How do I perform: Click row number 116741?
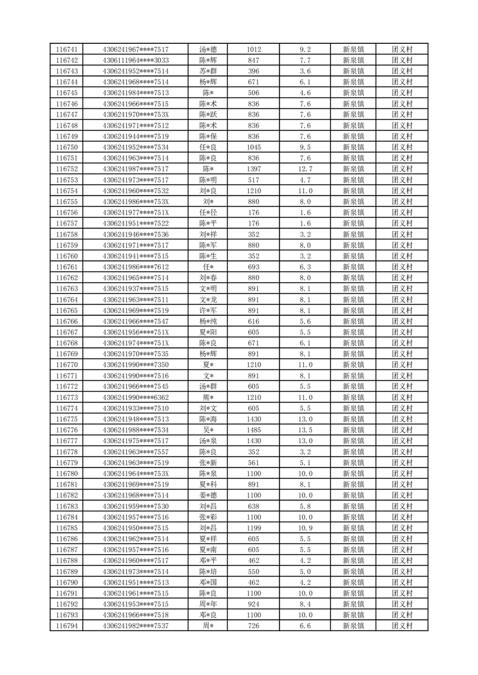point(66,49)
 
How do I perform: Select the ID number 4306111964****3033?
point(136,60)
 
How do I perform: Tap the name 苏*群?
point(208,71)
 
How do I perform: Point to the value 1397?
point(253,169)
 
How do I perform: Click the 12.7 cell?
point(305,169)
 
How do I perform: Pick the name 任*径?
point(208,212)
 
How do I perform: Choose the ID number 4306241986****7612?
point(136,267)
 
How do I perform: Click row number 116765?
point(66,310)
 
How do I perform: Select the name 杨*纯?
point(208,321)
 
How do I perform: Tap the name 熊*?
point(208,398)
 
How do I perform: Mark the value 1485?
point(253,430)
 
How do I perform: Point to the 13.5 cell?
point(305,430)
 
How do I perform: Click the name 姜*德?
point(208,495)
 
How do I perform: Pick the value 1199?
point(253,528)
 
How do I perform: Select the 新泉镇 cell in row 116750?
point(353,147)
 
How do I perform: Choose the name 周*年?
point(208,604)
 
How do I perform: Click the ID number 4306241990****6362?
point(136,398)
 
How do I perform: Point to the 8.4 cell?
point(305,604)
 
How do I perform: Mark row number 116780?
point(66,473)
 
